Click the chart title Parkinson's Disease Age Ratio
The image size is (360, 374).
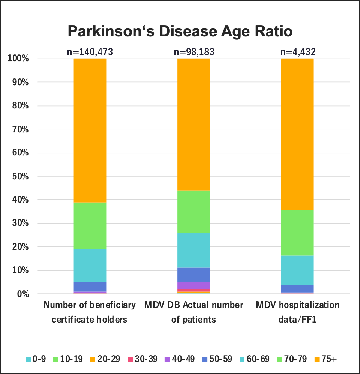click(180, 32)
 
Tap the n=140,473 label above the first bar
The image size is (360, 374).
click(90, 52)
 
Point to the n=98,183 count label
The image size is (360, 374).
click(194, 52)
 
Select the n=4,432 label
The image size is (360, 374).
click(298, 52)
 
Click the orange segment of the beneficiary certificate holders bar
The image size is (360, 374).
click(90, 130)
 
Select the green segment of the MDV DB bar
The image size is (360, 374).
click(193, 212)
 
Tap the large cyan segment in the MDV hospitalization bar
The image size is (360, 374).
click(297, 270)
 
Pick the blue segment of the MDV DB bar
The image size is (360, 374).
click(193, 275)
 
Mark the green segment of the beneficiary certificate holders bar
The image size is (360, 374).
click(90, 225)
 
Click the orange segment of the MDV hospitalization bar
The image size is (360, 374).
click(297, 134)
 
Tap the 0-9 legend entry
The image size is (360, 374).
click(36, 359)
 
